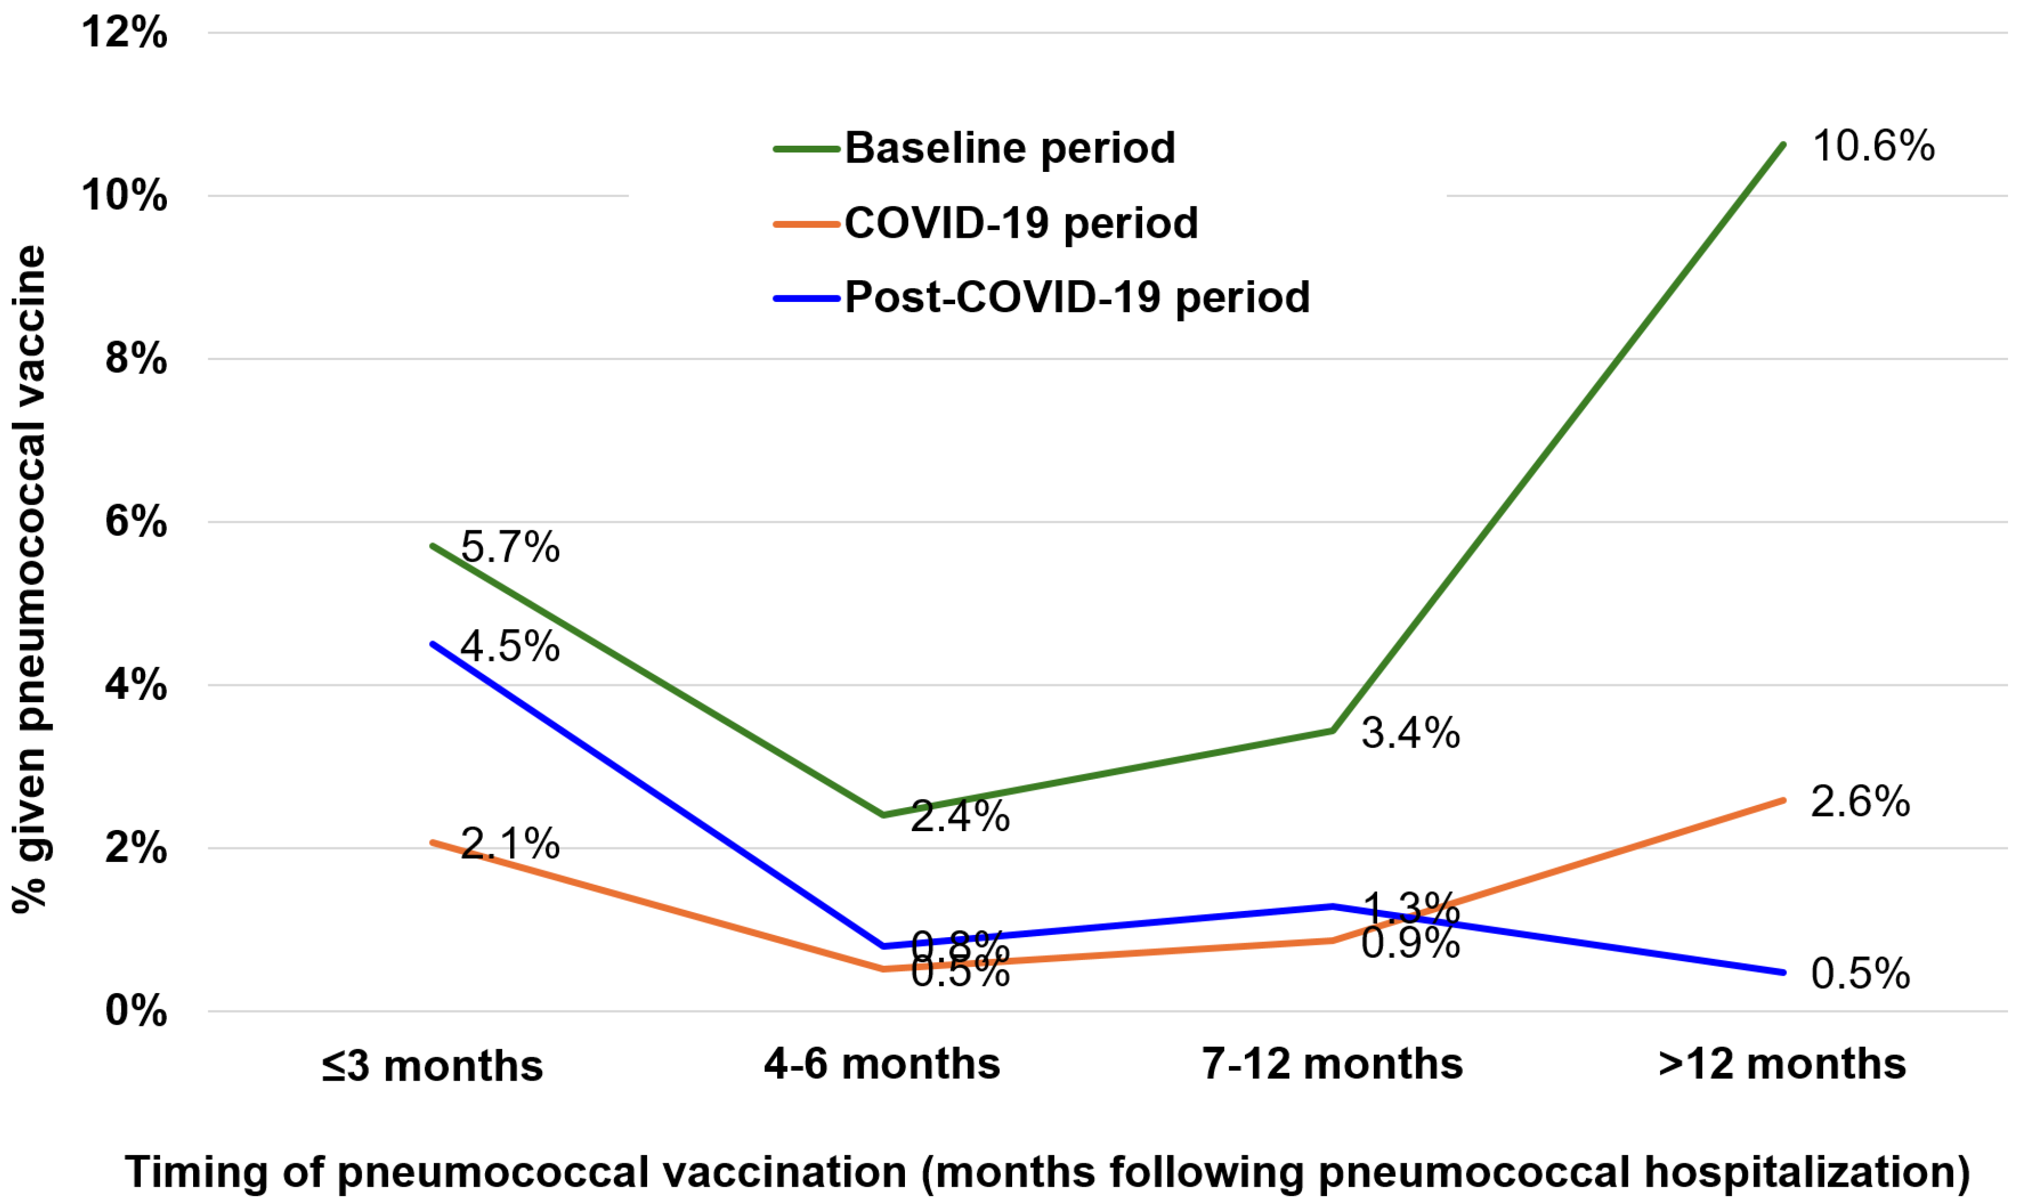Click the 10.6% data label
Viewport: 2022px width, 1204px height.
pyautogui.click(x=1873, y=147)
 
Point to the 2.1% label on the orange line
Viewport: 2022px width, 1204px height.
pyautogui.click(x=510, y=844)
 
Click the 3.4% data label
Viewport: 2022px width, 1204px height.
pyautogui.click(x=1410, y=733)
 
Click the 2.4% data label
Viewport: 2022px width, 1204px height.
pyautogui.click(x=960, y=816)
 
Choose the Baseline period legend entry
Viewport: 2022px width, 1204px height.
pyautogui.click(x=1009, y=148)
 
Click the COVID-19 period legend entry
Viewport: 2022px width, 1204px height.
pyautogui.click(x=1020, y=223)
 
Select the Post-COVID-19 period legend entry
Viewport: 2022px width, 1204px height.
pyautogui.click(x=1077, y=298)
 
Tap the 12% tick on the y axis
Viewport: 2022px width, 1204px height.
pyautogui.click(x=124, y=33)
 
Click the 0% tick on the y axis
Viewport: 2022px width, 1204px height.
pyautogui.click(x=136, y=1011)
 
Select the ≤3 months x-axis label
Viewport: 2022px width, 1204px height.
pyautogui.click(x=432, y=1065)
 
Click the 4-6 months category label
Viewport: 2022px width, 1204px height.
pyautogui.click(x=882, y=1064)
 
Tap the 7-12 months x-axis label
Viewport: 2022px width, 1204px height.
pyautogui.click(x=1333, y=1064)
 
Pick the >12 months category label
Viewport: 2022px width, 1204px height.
pyautogui.click(x=1782, y=1064)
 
